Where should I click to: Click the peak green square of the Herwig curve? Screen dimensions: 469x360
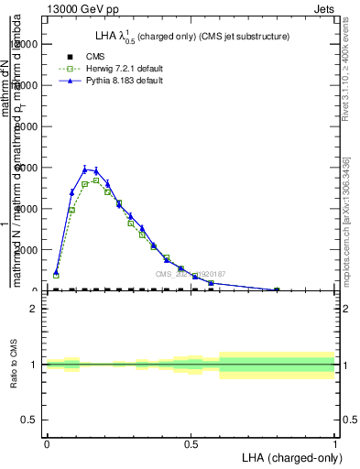click(x=96, y=180)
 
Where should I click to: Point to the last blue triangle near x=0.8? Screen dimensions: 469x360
click(x=277, y=289)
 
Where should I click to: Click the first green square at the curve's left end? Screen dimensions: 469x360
click(x=56, y=275)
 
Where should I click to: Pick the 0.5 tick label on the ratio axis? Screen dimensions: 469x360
click(x=30, y=420)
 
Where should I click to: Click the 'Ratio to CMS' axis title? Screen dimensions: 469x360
click(x=13, y=365)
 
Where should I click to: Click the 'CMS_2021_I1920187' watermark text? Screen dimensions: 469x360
click(x=191, y=274)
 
